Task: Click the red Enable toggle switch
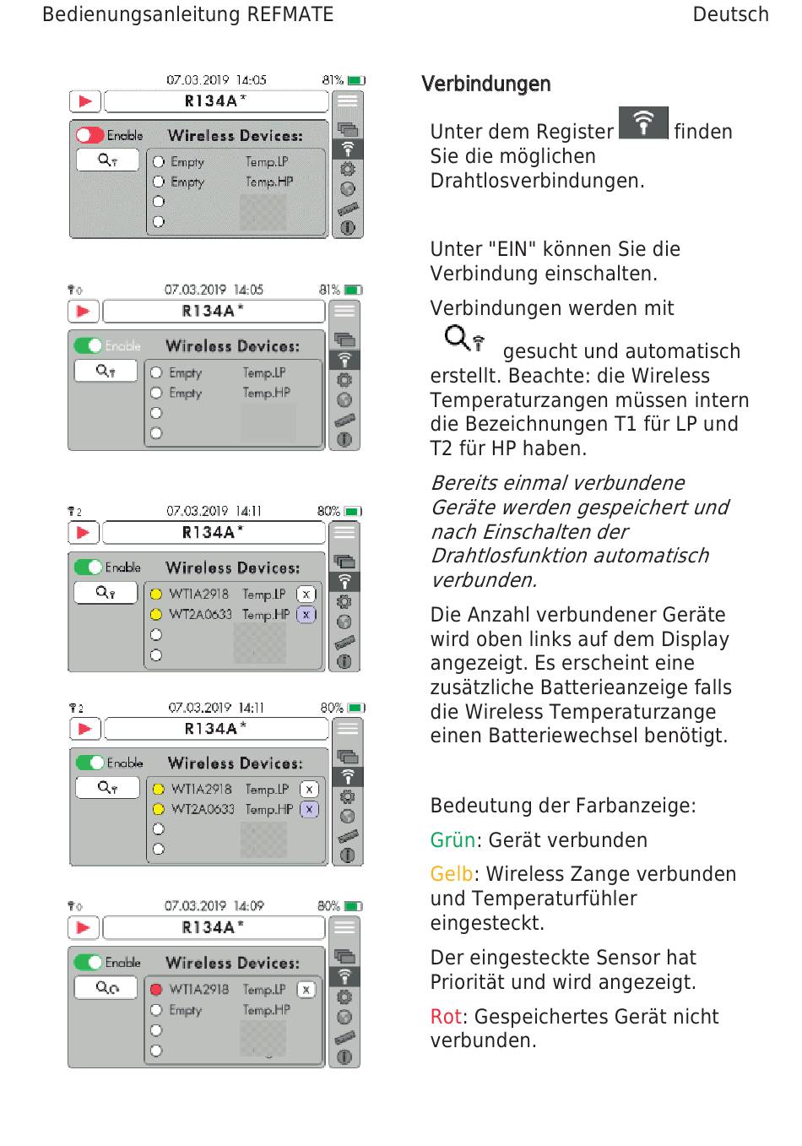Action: tap(89, 135)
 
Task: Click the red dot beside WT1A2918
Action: tap(156, 990)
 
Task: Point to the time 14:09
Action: tap(249, 906)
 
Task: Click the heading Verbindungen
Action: tap(485, 84)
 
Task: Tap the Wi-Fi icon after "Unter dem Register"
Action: tap(643, 123)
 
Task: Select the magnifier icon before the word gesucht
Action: tap(463, 339)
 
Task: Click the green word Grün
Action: tap(452, 840)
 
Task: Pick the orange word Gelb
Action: tap(452, 874)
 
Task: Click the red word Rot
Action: tap(446, 1017)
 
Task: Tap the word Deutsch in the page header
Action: tap(730, 15)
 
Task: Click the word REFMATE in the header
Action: tap(290, 15)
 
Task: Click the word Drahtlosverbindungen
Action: tap(537, 181)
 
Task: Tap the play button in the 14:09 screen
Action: tap(84, 927)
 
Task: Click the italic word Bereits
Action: tap(463, 483)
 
